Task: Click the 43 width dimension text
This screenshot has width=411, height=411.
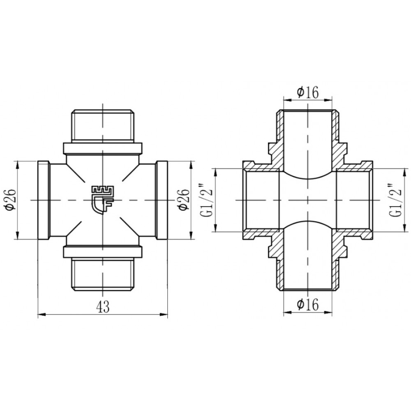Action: point(103,307)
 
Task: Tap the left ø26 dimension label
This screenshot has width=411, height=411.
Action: point(11,199)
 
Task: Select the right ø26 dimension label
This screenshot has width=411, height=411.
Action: point(183,199)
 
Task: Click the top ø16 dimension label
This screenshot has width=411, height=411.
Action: point(308,92)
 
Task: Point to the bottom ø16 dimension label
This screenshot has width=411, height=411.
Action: point(308,304)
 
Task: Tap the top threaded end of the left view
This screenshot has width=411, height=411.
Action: point(103,126)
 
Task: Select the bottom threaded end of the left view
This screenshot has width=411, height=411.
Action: point(103,274)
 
